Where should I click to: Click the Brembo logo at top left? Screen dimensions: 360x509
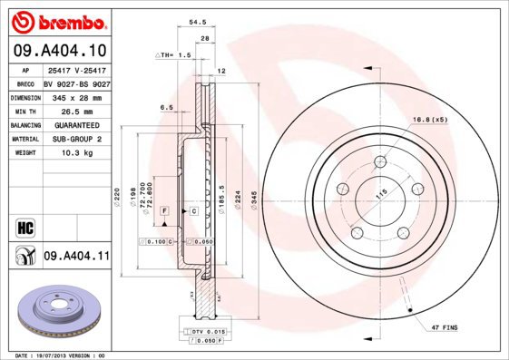coord(58,21)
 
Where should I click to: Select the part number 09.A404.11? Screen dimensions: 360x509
coord(76,258)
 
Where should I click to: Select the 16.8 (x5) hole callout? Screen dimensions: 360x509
coord(429,119)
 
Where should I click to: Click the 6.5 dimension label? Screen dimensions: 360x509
coord(166,107)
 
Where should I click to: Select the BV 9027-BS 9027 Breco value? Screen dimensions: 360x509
coord(76,82)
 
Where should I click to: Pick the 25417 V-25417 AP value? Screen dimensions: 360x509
coord(76,68)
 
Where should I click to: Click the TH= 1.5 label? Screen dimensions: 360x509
coord(178,54)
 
